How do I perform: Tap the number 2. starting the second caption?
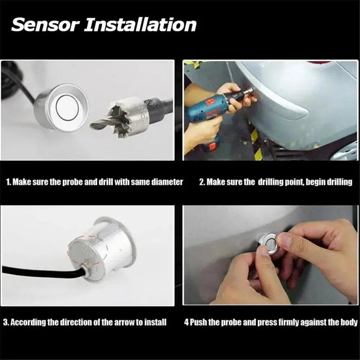pyautogui.click(x=202, y=182)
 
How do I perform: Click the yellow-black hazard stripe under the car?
pyautogui.click(x=254, y=135)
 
